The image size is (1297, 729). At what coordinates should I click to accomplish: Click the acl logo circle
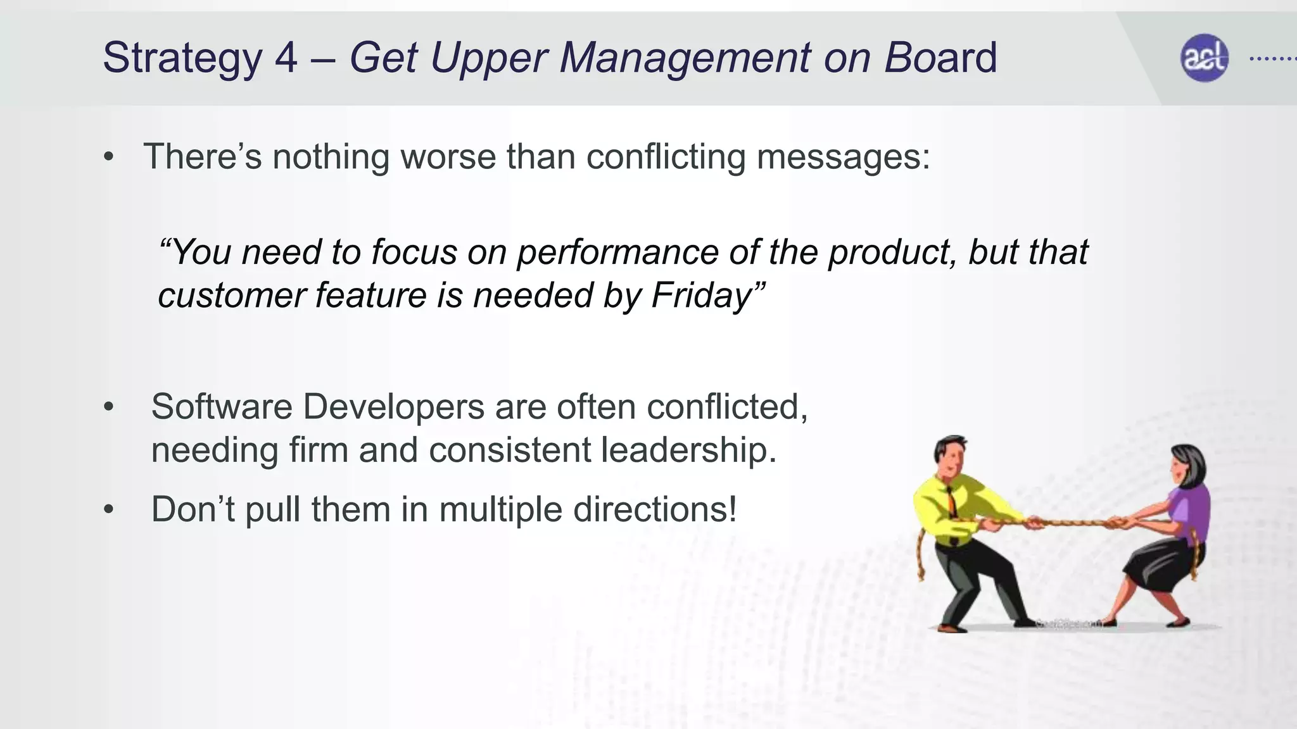pos(1204,58)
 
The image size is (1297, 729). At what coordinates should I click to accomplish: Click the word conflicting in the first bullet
pos(666,156)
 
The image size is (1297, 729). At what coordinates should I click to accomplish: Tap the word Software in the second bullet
pos(221,406)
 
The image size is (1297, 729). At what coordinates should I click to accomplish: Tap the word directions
pos(654,510)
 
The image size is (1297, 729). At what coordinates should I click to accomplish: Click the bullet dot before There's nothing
pos(109,158)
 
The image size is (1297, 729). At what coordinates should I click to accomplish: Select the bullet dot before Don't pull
pos(109,510)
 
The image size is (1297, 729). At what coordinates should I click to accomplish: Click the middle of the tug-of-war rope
pos(1070,523)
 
